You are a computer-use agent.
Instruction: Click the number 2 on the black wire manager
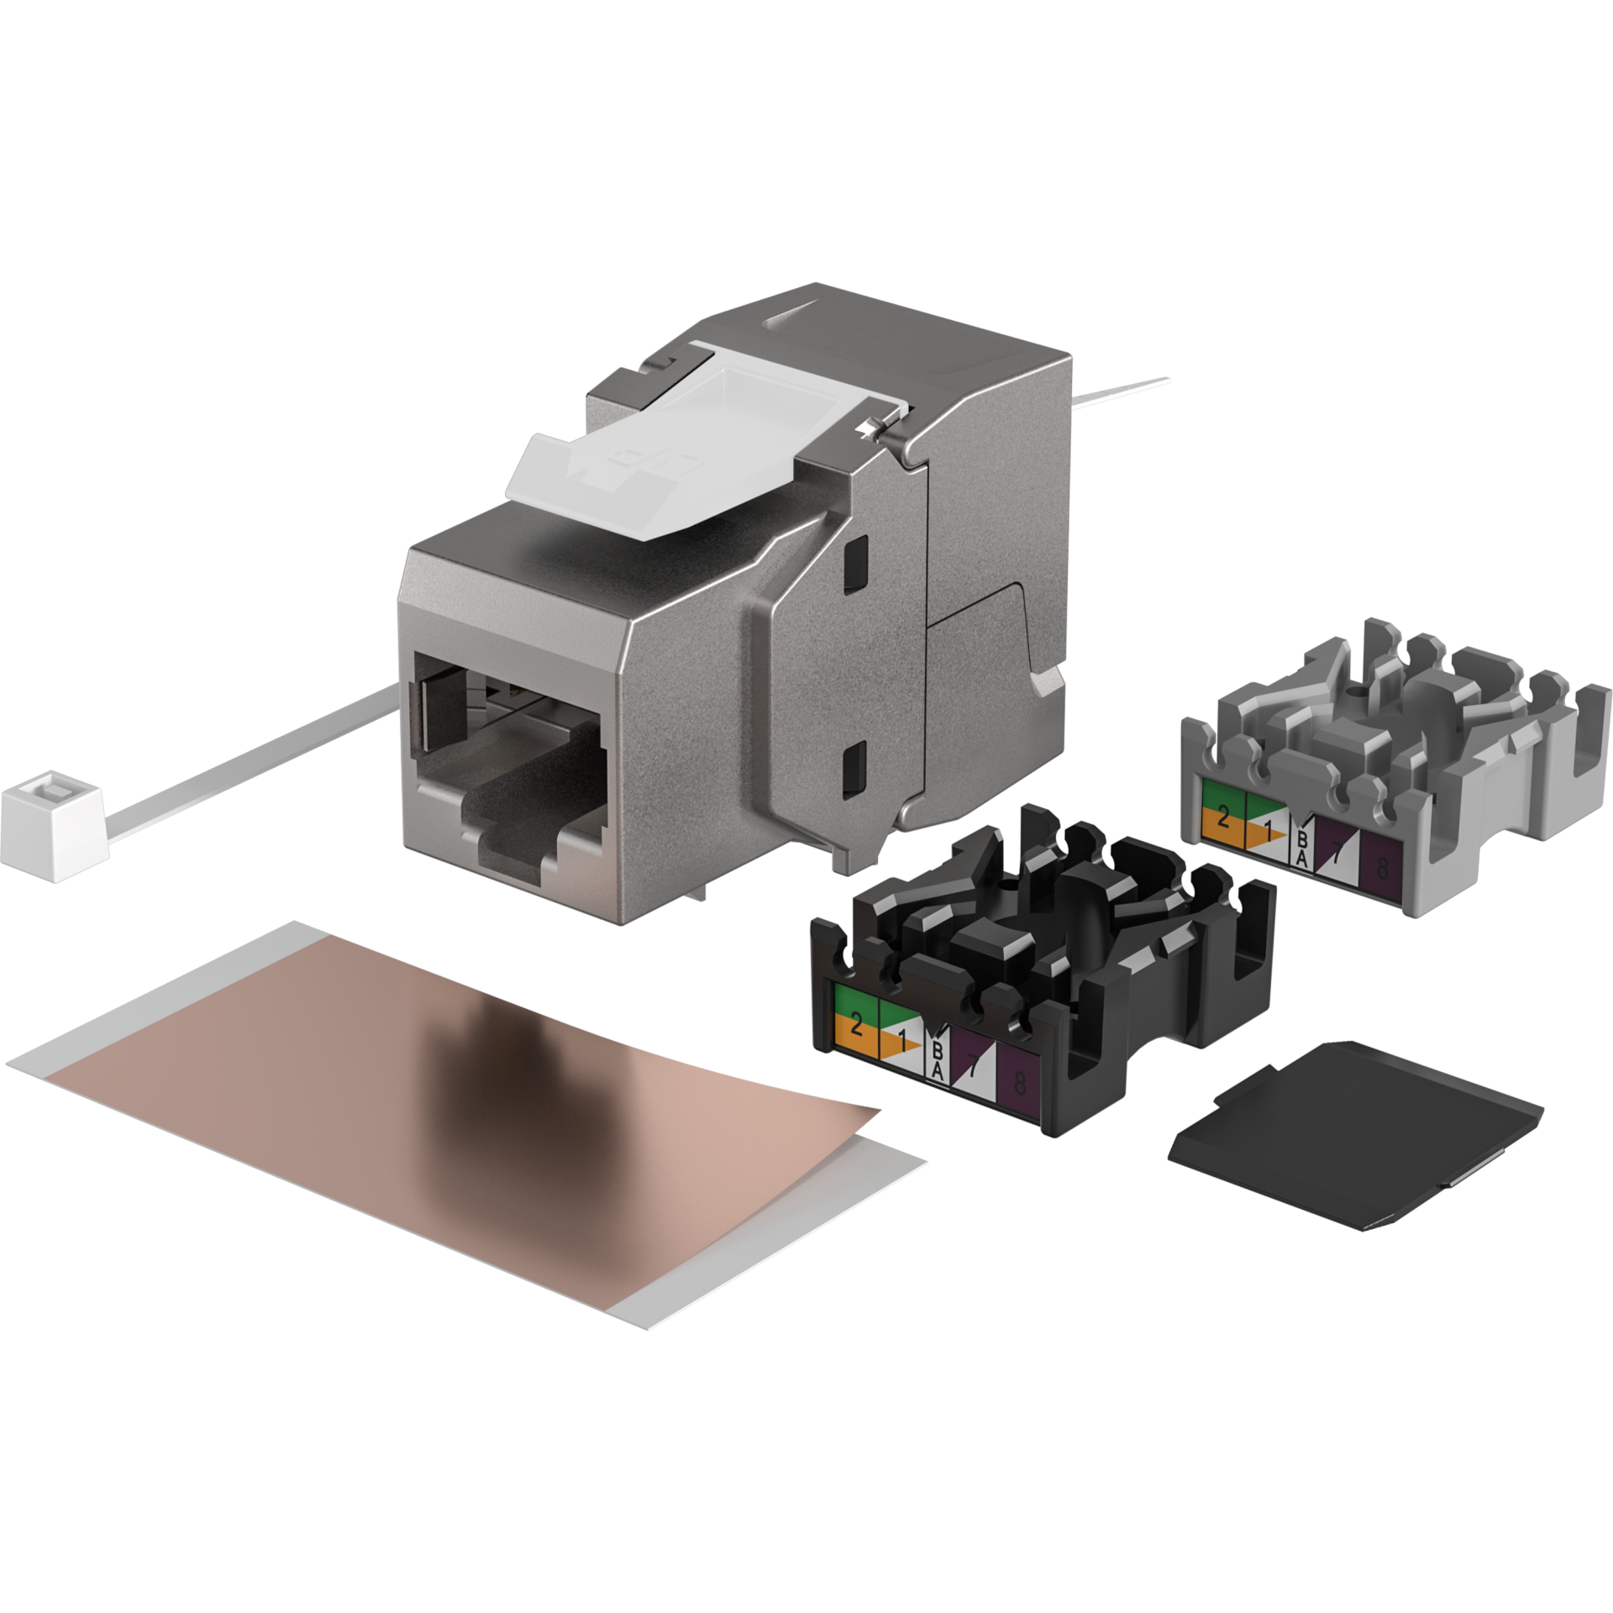click(856, 1023)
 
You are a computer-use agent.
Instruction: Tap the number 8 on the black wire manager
click(1019, 1082)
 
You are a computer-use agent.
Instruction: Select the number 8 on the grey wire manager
click(1382, 869)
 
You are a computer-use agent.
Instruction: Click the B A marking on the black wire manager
click(938, 1061)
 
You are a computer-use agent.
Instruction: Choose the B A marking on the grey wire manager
click(1301, 847)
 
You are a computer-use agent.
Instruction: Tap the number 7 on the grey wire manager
click(1336, 849)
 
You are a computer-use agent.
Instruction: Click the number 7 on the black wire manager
click(973, 1067)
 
